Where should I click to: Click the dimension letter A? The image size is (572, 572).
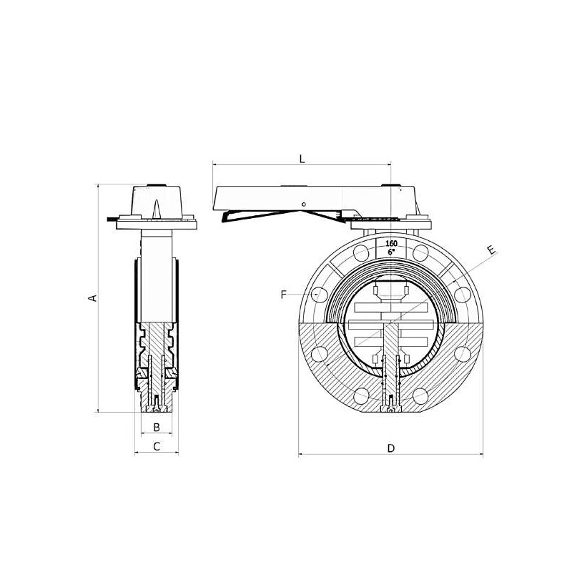(x=94, y=297)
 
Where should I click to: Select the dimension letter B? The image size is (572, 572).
(x=157, y=427)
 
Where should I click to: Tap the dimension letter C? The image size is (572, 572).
(x=157, y=446)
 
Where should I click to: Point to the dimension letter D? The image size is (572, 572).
(x=391, y=448)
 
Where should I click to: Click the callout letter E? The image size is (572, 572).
(x=492, y=250)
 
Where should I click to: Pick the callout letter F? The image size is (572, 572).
(x=284, y=295)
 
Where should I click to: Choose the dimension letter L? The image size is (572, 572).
(x=302, y=159)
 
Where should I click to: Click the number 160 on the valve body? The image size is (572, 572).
(x=391, y=243)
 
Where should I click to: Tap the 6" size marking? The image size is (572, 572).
(x=391, y=252)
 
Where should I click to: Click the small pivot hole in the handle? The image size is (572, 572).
(x=304, y=204)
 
